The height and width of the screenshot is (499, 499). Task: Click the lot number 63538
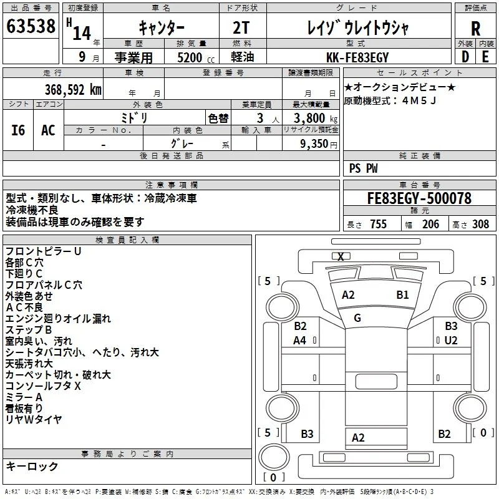[x=31, y=26]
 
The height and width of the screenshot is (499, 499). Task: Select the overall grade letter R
[x=475, y=28]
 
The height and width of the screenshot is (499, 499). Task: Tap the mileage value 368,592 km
[x=73, y=90]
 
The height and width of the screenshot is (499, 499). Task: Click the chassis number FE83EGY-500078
[x=419, y=198]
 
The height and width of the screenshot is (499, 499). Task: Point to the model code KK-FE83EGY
[x=357, y=57]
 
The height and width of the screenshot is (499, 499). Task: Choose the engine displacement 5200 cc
[x=196, y=57]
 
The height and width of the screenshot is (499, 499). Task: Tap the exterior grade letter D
[x=465, y=57]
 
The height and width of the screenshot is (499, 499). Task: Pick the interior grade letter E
[x=485, y=57]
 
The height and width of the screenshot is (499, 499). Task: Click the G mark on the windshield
[x=357, y=318]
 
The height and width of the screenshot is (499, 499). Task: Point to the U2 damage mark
[x=450, y=341]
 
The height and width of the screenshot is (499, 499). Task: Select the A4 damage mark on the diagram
[x=299, y=341]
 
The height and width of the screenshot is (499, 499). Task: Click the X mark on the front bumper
[x=341, y=256]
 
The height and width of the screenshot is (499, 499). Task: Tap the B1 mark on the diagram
[x=402, y=295]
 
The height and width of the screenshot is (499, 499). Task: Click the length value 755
[x=378, y=224]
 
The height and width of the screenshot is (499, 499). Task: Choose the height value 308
[x=480, y=224]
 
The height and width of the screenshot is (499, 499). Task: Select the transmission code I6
[x=18, y=130]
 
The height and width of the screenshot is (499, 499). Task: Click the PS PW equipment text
[x=363, y=168]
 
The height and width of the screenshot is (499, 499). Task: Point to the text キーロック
[x=32, y=466]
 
